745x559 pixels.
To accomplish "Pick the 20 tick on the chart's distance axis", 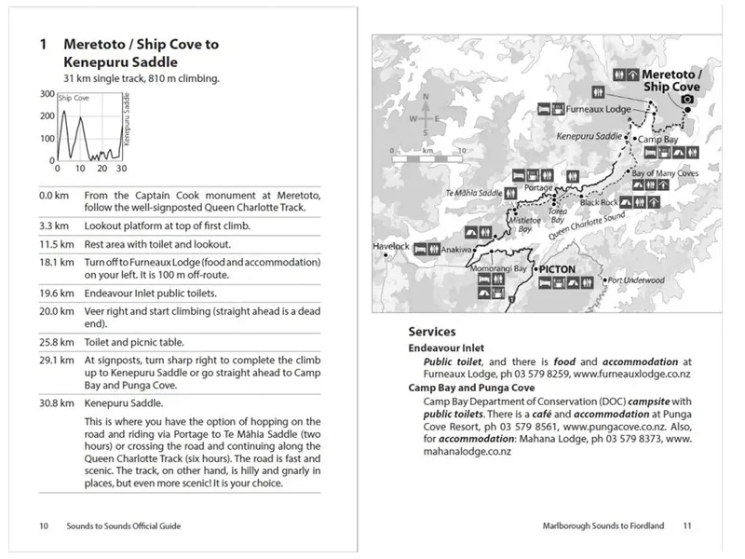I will (x=102, y=169).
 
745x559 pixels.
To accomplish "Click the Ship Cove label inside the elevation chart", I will (x=74, y=97).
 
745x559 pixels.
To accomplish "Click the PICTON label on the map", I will (x=558, y=269).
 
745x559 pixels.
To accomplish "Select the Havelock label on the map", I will (x=391, y=247).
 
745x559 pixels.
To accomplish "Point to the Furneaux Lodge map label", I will (x=597, y=109).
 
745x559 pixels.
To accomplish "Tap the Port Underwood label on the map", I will (x=635, y=279).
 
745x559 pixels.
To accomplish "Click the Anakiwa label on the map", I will (x=455, y=250).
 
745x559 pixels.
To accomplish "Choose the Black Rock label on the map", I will (x=599, y=202).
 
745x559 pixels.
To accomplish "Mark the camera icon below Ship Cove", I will (x=687, y=99).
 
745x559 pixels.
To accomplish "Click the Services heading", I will (x=431, y=331).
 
